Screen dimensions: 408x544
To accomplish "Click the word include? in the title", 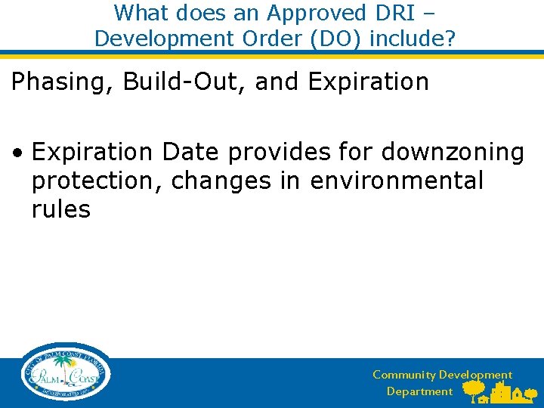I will click(x=413, y=38).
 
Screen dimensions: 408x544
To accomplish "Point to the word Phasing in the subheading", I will click(x=60, y=82).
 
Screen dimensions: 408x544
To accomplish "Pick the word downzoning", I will click(x=453, y=153).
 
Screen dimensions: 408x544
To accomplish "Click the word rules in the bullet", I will click(x=61, y=209).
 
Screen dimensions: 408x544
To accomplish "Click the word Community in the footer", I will click(x=404, y=375).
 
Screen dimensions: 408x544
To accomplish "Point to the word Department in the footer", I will click(x=419, y=391).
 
